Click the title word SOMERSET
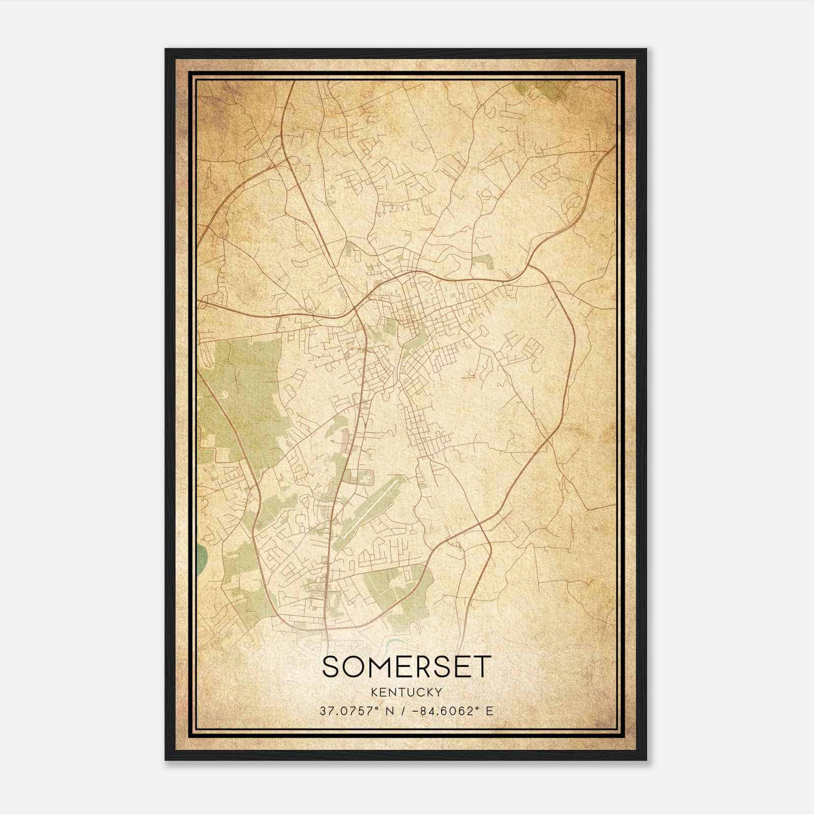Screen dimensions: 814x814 point(407,667)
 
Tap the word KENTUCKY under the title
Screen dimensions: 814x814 point(407,692)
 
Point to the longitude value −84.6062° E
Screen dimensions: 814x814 point(450,711)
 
